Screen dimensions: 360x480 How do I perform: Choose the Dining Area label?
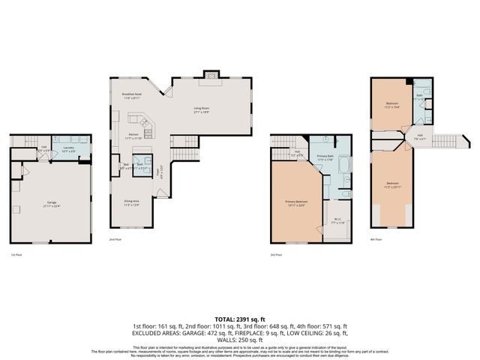click(x=131, y=202)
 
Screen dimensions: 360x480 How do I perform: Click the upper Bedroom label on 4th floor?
click(x=392, y=104)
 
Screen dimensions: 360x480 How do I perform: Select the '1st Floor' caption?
click(x=16, y=256)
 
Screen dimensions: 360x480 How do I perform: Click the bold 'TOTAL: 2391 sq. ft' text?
click(x=239, y=319)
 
